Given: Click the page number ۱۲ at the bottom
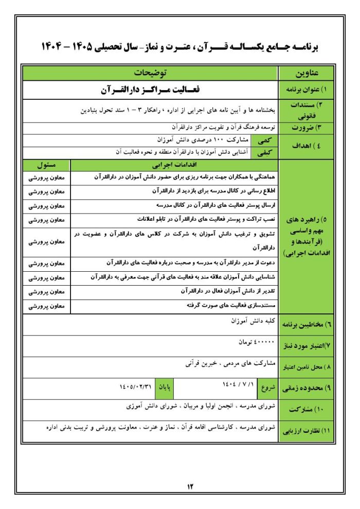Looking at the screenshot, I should (190, 485).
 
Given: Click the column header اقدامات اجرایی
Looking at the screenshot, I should (173, 166).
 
